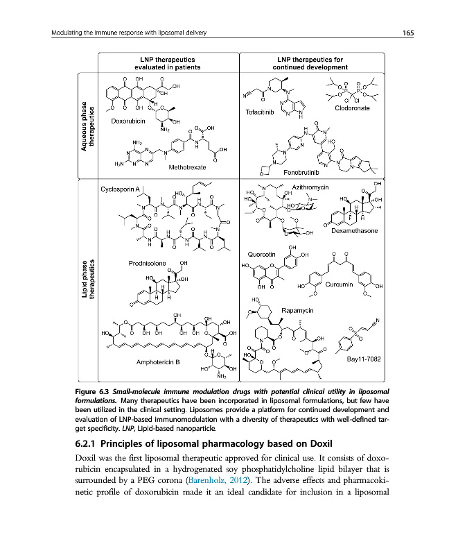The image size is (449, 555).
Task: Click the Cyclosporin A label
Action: click(x=121, y=189)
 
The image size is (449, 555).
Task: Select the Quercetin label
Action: click(x=263, y=253)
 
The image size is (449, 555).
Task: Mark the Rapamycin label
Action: click(x=300, y=310)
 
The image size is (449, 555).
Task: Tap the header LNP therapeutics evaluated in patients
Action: click(x=167, y=64)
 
